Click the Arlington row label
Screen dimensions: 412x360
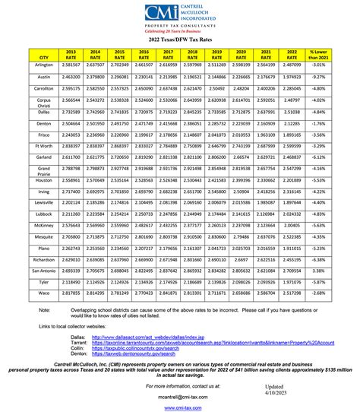point(43,66)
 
